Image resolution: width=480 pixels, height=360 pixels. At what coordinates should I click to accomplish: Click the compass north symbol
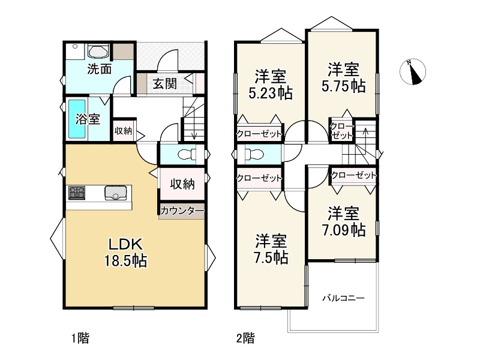413,72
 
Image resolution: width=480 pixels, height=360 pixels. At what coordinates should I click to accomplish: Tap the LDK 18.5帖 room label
126,253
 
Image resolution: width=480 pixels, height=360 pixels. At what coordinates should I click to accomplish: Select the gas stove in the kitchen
77,193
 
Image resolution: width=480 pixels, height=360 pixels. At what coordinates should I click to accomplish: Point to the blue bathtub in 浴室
77,119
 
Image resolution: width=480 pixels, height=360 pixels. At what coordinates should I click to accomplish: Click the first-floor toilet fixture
187,154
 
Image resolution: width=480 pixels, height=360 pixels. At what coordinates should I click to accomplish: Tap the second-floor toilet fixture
254,154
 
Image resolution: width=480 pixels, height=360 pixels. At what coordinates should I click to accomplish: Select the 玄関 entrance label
164,83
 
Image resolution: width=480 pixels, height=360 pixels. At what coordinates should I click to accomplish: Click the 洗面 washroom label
99,69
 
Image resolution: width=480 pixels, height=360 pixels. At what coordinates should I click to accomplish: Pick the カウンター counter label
182,211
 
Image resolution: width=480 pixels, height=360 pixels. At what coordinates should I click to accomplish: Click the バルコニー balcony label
343,298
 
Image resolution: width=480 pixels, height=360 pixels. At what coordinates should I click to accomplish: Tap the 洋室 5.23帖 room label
271,85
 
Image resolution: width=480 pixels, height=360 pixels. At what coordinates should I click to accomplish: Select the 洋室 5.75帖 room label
343,77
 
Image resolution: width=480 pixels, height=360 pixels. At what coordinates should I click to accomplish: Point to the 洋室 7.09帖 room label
343,221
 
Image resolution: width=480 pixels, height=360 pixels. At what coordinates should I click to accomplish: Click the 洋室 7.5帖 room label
271,249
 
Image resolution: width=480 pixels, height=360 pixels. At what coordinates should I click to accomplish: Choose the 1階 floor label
80,338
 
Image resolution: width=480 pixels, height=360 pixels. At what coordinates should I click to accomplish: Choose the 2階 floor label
245,338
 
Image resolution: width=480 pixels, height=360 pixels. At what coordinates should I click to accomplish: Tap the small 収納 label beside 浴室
123,131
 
